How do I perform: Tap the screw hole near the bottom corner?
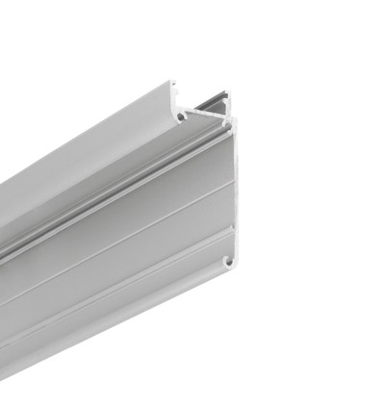point(229,260)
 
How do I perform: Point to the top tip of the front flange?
point(174,85)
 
